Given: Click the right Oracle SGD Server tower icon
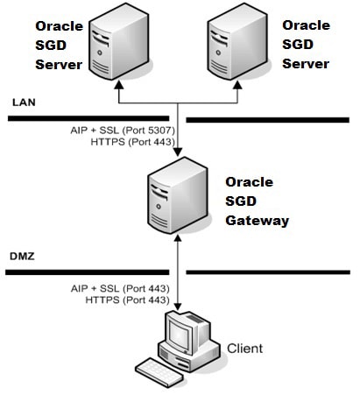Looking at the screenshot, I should (x=238, y=44).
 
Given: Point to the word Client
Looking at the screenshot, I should (x=244, y=349).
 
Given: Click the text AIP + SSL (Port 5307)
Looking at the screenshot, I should (x=120, y=130).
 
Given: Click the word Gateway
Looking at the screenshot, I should (x=257, y=220).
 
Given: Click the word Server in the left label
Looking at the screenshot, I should (x=58, y=64).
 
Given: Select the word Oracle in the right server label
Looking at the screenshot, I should (x=306, y=25).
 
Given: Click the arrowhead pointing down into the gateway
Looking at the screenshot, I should (x=178, y=155).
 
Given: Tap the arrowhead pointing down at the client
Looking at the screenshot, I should (x=178, y=307).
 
